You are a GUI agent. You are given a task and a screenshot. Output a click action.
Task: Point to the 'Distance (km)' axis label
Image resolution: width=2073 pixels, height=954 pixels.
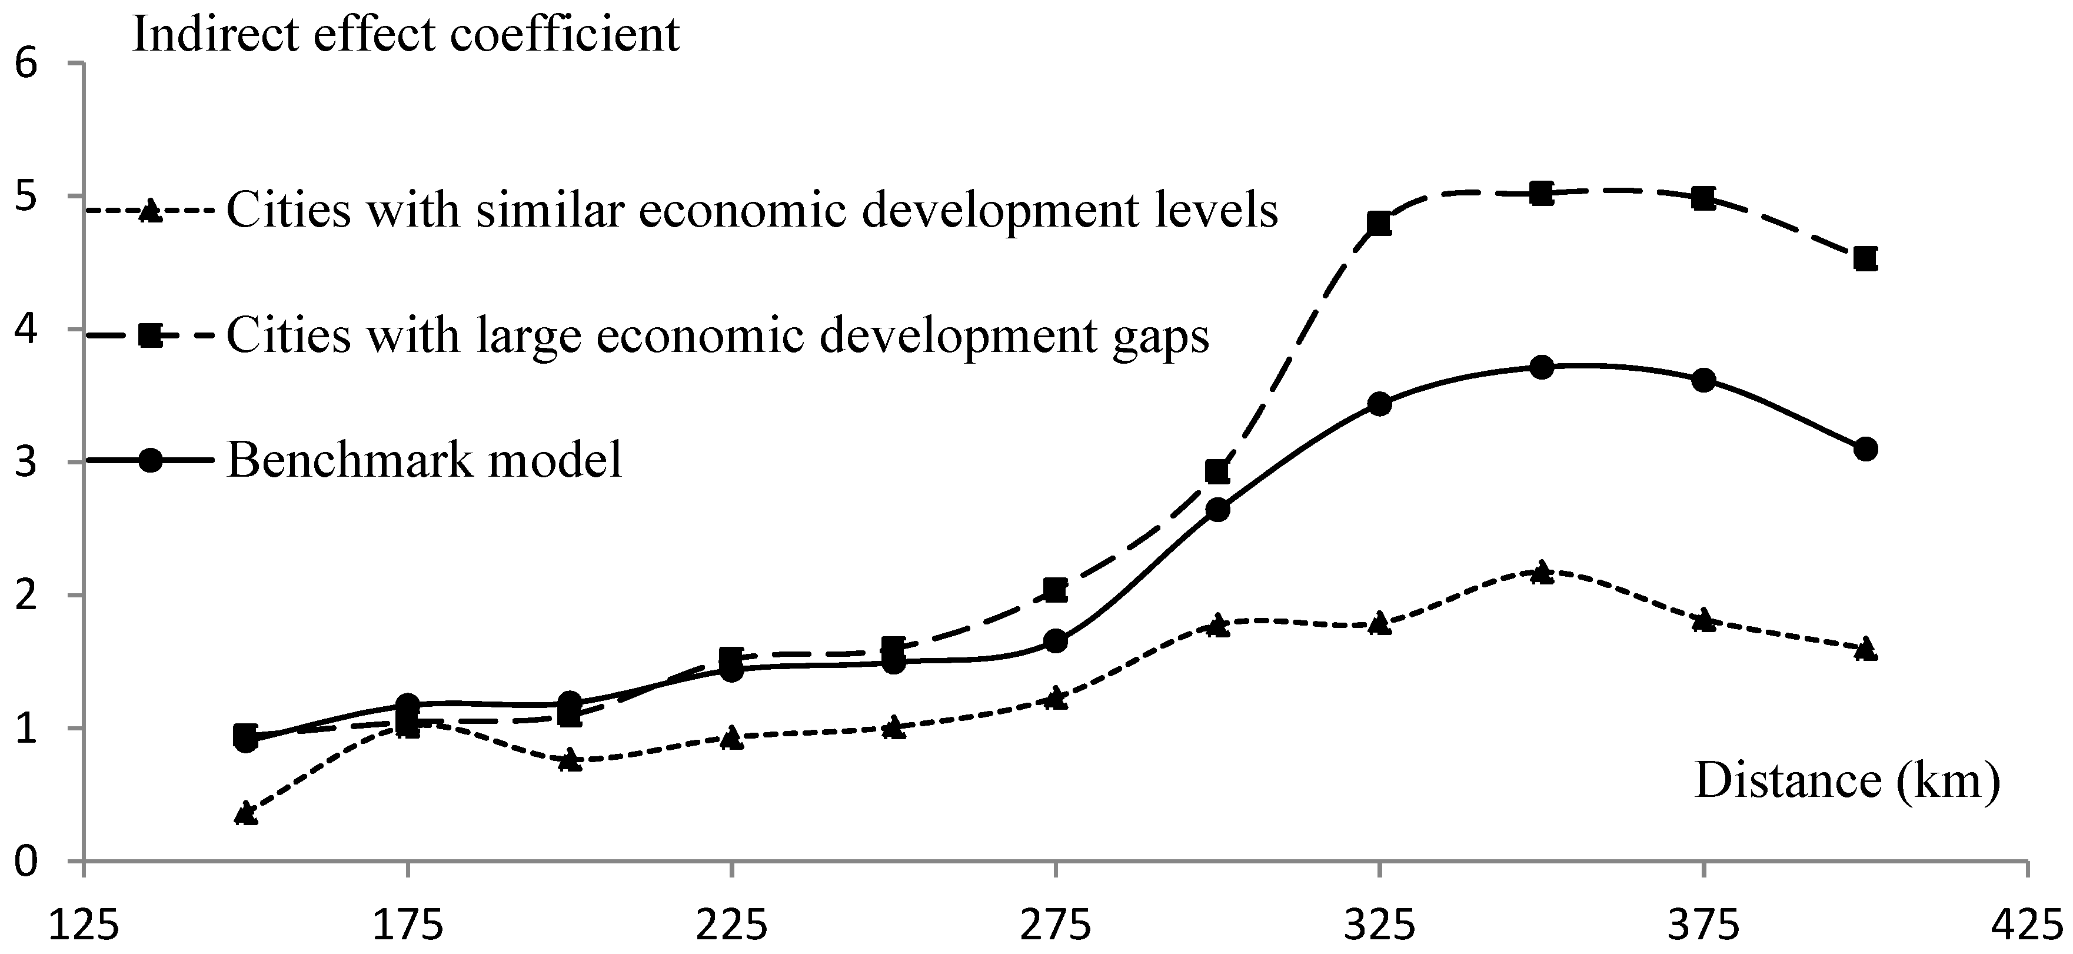[x=1847, y=780]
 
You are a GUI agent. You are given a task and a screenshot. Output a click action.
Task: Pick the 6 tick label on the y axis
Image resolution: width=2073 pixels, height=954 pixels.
[x=27, y=64]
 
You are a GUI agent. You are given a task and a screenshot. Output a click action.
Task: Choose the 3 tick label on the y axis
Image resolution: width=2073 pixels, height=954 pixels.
[x=27, y=463]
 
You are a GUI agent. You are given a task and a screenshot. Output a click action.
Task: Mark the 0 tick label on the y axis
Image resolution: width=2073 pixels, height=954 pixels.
[x=27, y=862]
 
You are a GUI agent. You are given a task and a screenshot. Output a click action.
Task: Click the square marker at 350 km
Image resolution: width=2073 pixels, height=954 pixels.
[x=1541, y=193]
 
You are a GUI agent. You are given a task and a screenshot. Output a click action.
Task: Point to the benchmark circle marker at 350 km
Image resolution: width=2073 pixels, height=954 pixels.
[x=1541, y=368]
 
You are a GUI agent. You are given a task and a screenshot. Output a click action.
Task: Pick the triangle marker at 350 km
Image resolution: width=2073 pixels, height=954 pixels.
[x=1541, y=573]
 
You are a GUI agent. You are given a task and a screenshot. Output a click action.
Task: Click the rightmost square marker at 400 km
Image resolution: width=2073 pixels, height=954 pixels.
[x=1865, y=258]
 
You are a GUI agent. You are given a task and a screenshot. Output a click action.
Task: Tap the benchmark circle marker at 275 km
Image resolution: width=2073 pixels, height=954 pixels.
[x=1055, y=641]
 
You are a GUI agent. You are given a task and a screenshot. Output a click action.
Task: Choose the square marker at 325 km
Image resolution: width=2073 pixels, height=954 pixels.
[x=1379, y=224]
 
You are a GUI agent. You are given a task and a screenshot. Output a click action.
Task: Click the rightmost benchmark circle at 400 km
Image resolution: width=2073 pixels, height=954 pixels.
[x=1865, y=449]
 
